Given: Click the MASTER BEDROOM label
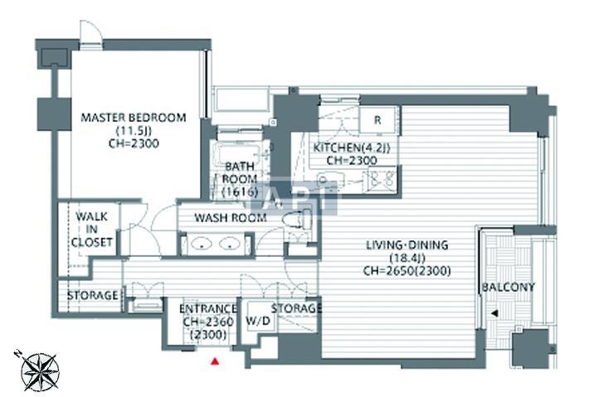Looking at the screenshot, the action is point(134,118).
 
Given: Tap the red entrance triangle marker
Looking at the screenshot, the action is point(215,361).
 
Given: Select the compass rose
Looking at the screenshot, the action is point(38,371).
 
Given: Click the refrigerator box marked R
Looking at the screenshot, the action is point(377,119).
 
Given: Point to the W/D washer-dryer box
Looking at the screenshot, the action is point(259,320).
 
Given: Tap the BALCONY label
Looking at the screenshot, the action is point(508,287).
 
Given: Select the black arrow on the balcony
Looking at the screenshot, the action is point(494,313).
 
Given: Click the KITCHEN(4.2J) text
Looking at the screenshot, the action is point(352,148).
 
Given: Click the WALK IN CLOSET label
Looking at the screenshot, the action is point(91,230).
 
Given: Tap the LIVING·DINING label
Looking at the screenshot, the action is point(407,245).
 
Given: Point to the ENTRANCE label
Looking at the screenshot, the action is point(207,309).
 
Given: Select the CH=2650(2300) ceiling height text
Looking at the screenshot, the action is point(407,271).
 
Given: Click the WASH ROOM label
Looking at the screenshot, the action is point(231,218).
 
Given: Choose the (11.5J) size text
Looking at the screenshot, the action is point(134,131).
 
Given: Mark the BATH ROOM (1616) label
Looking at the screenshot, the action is point(240,179).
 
